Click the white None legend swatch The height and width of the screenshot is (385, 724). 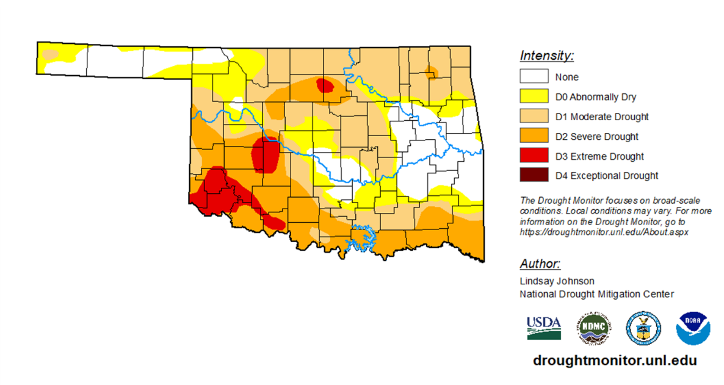coord(534,77)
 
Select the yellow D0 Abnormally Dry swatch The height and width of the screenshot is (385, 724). coord(534,96)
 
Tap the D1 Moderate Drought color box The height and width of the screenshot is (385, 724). coord(534,117)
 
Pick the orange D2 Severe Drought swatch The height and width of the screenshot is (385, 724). coord(534,136)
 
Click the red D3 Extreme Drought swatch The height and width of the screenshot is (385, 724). coord(534,156)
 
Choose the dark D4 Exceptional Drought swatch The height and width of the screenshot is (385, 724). coord(534,176)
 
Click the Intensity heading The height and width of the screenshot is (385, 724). coord(546,56)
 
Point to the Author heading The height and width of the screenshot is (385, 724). coord(540,264)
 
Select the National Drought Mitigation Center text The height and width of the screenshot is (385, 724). coord(596,294)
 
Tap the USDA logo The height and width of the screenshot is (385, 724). coord(544,328)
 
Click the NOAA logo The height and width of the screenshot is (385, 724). coord(693,328)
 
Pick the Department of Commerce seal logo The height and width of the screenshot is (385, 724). coord(643,328)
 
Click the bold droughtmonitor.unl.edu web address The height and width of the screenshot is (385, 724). coord(615,361)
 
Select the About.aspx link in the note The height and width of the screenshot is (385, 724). coord(604,232)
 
